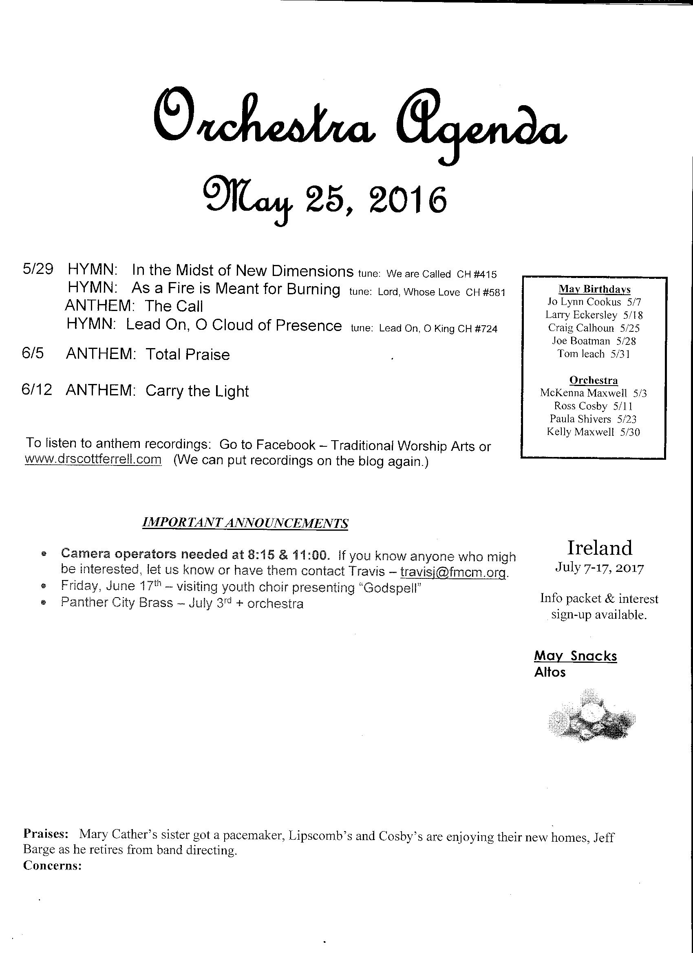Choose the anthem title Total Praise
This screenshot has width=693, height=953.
tap(188, 355)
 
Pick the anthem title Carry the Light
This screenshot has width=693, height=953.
tap(197, 391)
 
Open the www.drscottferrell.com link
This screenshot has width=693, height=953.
tap(93, 459)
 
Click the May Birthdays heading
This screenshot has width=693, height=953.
tap(594, 289)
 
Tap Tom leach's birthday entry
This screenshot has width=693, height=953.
tap(594, 354)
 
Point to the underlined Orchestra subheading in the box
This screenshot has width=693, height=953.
tap(594, 380)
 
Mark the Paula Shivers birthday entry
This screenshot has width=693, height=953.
tap(593, 419)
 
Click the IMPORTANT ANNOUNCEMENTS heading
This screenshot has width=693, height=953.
tap(245, 523)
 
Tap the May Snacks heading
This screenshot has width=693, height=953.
tap(575, 656)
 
